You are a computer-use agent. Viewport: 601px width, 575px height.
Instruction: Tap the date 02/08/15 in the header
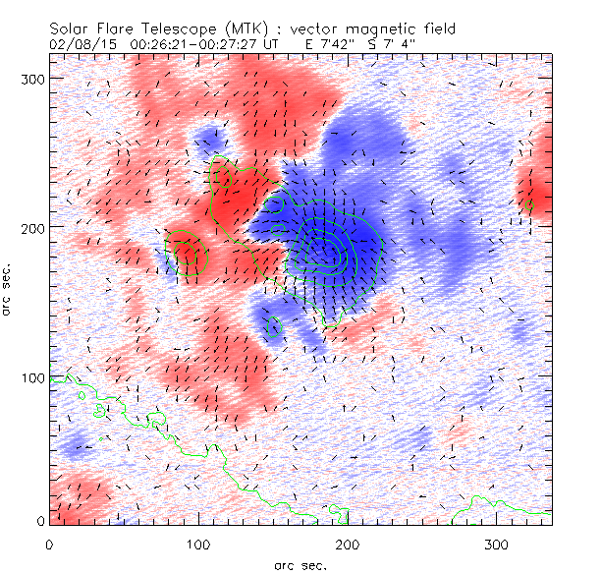tap(79, 44)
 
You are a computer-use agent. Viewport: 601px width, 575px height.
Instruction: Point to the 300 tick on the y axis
tap(34, 78)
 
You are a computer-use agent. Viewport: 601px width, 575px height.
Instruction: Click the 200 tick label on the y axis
tap(34, 227)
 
